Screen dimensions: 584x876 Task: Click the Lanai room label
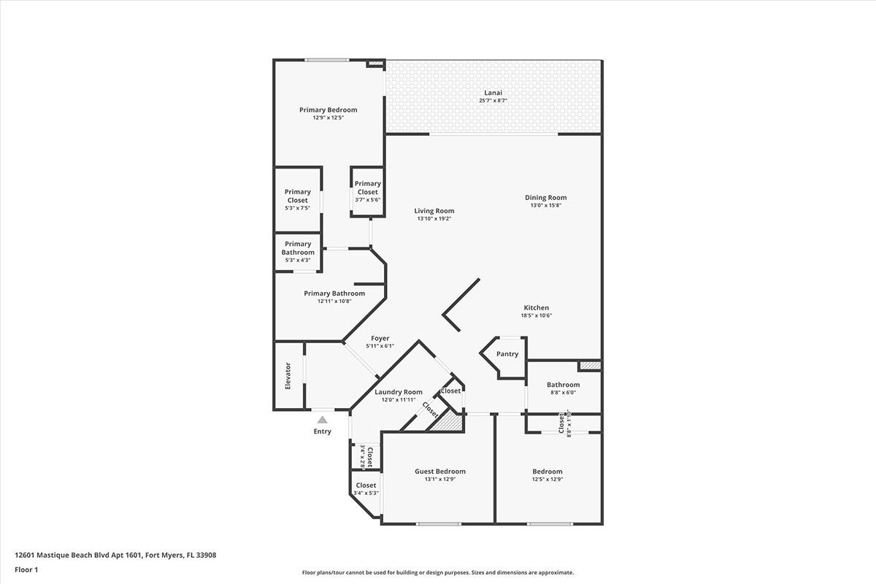[x=493, y=93]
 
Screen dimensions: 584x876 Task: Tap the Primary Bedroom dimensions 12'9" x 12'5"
[x=328, y=118]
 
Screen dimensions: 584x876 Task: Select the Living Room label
[x=434, y=211]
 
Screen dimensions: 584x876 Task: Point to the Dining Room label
[x=545, y=197]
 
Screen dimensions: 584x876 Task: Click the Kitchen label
[x=536, y=307]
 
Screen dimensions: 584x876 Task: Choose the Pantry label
[x=507, y=354]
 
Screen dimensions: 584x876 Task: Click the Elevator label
[x=288, y=375]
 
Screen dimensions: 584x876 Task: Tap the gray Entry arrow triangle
[x=322, y=420]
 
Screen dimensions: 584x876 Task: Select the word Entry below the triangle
[x=322, y=431]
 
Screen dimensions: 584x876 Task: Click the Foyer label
[x=380, y=338]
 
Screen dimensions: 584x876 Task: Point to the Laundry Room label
[x=399, y=392]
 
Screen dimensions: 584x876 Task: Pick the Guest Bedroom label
[x=439, y=471]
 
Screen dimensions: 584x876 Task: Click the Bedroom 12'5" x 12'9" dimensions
[x=547, y=480]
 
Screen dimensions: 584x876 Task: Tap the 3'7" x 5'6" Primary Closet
[x=367, y=192]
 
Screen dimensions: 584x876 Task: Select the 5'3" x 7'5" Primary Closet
[x=297, y=200]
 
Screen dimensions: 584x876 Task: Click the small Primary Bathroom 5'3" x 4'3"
[x=297, y=252]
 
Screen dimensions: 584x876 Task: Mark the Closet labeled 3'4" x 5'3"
[x=366, y=488]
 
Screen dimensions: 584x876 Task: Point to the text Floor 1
[x=26, y=569]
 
